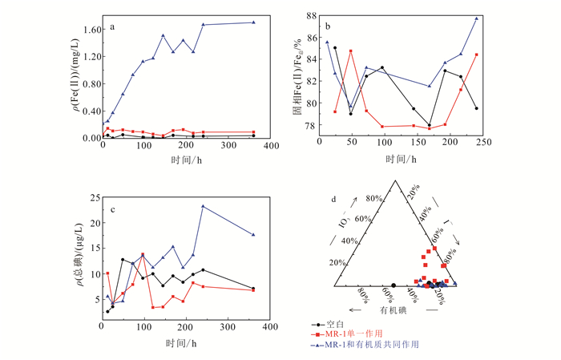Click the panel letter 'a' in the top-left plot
pos(111,26)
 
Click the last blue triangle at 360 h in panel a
pos(254,22)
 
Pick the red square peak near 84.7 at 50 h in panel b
pos(351,51)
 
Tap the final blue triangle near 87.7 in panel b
pos(476,18)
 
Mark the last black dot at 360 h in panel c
pos(254,289)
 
